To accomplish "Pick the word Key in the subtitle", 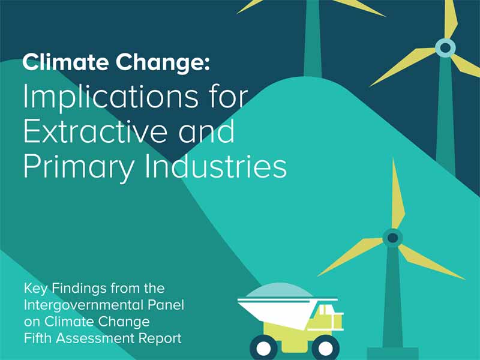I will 35,289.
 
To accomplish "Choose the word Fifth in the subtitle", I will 38,338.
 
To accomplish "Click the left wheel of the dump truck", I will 263,347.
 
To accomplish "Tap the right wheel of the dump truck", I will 325,347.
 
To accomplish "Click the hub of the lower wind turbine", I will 392,238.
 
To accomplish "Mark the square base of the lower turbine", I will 392,353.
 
